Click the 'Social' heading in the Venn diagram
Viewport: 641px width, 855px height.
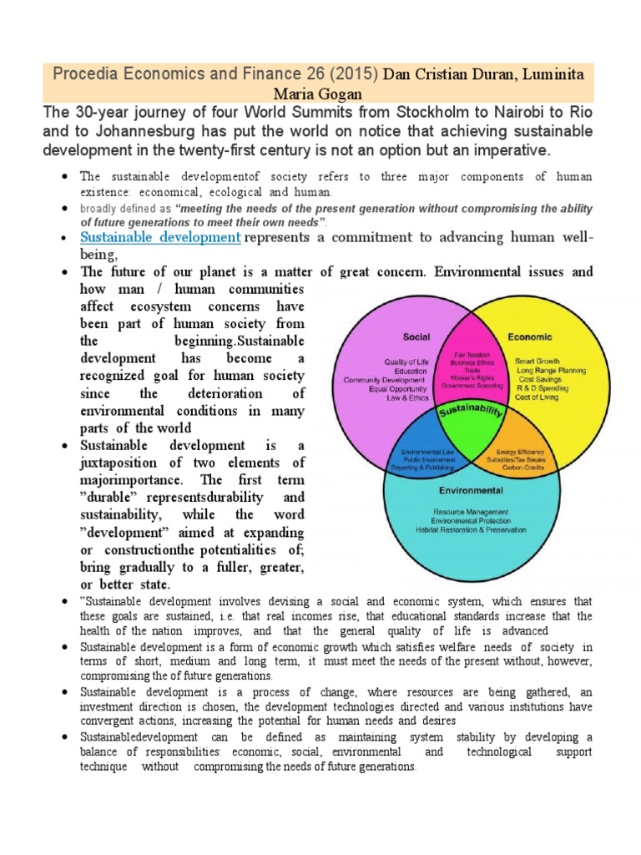(x=417, y=337)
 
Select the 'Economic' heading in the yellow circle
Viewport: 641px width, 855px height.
(x=529, y=337)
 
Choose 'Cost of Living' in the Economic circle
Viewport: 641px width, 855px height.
(x=538, y=397)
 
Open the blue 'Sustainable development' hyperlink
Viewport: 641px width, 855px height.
(x=160, y=237)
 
